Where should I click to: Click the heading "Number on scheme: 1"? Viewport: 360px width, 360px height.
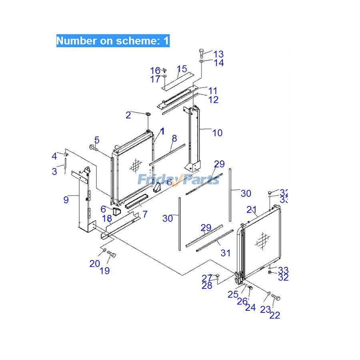113,41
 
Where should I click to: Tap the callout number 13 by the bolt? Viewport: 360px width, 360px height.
218,54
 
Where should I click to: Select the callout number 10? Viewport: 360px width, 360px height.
217,133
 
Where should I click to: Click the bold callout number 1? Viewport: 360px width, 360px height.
162,131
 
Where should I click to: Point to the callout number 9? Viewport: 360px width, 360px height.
66,199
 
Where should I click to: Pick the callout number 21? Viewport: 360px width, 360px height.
251,209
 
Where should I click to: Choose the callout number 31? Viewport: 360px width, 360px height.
226,253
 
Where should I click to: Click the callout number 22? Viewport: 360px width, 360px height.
275,315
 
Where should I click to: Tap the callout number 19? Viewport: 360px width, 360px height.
104,271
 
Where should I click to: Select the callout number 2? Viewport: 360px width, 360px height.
128,116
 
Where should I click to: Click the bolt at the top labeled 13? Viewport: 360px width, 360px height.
202,52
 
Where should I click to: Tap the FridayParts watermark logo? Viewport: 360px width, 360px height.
179,179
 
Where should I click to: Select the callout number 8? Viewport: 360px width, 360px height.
174,138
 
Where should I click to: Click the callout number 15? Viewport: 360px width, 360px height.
182,69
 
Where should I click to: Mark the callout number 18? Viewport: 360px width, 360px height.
107,218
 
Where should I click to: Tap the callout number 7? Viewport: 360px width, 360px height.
145,214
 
